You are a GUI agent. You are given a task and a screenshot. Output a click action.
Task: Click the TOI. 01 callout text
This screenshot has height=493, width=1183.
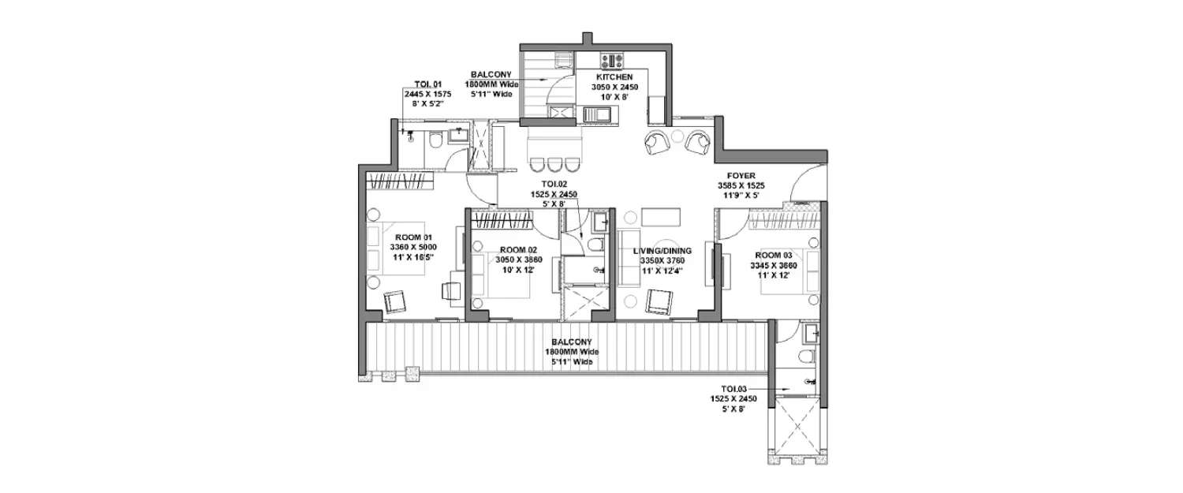click(427, 84)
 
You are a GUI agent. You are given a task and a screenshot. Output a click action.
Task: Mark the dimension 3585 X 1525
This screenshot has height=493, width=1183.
click(741, 186)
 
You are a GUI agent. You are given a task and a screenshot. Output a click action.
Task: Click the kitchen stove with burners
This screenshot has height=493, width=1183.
click(612, 60)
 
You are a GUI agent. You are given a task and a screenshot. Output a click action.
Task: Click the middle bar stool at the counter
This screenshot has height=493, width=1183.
click(553, 165)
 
